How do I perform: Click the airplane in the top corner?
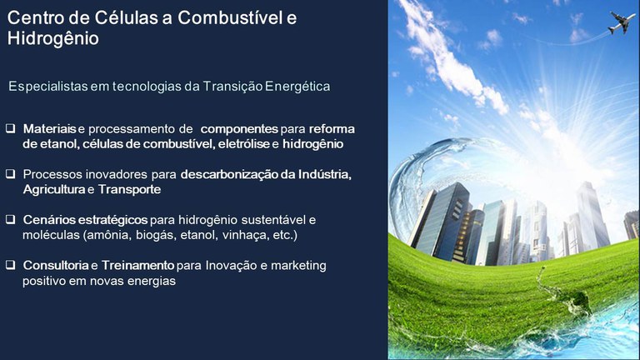[x=622, y=22]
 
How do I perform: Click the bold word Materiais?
[x=50, y=130]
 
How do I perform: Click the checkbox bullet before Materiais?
[x=11, y=130]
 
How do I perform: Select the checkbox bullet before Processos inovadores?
[x=11, y=175]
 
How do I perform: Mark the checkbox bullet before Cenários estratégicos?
[x=11, y=220]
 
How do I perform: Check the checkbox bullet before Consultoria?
[x=11, y=265]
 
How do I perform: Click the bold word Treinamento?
[x=138, y=265]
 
